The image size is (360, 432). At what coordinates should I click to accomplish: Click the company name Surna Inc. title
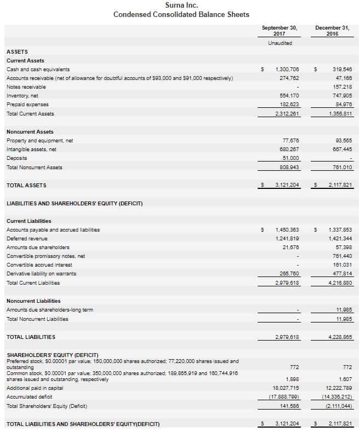(x=181, y=5)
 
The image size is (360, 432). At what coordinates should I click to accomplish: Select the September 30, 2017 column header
(x=279, y=30)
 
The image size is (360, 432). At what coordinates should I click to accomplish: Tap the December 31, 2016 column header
(x=332, y=30)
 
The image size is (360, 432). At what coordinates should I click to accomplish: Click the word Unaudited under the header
(x=280, y=43)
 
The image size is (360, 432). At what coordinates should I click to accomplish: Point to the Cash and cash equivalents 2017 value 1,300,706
(x=287, y=70)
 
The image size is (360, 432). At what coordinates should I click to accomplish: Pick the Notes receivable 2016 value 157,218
(x=342, y=87)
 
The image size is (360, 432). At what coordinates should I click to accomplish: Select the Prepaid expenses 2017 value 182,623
(x=288, y=105)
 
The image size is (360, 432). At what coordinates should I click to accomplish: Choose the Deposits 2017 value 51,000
(x=289, y=158)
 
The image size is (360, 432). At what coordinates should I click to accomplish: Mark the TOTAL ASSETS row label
(x=26, y=185)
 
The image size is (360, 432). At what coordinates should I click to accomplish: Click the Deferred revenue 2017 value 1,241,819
(x=287, y=239)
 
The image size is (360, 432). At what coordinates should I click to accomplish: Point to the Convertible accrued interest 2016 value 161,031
(x=342, y=265)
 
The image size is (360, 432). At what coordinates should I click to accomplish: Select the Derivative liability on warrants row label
(x=42, y=274)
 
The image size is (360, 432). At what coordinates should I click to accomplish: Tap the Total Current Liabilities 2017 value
(x=287, y=283)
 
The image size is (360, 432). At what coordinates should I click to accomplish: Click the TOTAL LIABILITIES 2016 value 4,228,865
(x=341, y=337)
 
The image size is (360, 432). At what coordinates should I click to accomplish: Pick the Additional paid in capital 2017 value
(x=286, y=388)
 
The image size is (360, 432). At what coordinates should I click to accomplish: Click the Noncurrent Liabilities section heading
(x=33, y=301)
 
